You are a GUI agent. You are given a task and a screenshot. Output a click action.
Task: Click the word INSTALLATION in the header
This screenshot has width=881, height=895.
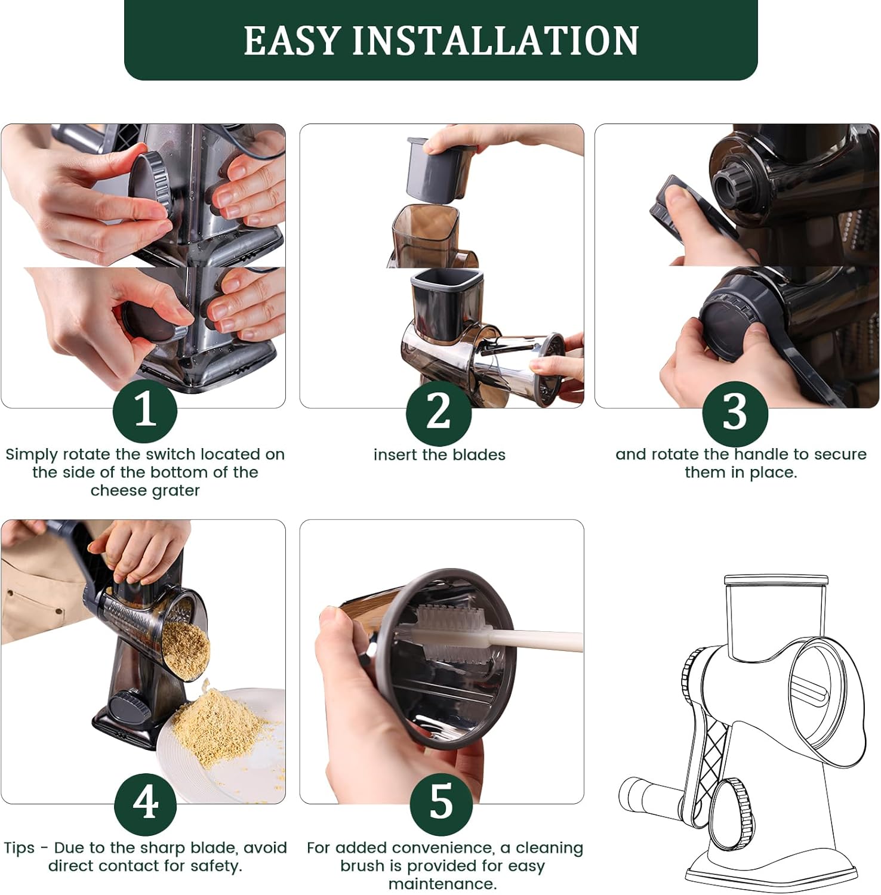click(495, 41)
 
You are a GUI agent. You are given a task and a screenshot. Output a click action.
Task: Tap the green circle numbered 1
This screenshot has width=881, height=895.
click(145, 411)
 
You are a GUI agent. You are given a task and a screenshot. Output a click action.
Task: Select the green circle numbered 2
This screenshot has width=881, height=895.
click(439, 411)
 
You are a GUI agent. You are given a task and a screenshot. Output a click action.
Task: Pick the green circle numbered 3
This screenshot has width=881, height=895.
click(735, 411)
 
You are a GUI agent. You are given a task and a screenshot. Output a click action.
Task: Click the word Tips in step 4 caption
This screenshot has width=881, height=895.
click(19, 848)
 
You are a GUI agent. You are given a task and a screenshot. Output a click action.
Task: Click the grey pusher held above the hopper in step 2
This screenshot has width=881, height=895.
click(439, 168)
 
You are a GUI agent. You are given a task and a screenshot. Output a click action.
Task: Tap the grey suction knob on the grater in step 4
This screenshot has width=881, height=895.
click(130, 708)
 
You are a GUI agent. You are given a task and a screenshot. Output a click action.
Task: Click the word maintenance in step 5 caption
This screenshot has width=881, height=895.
click(442, 884)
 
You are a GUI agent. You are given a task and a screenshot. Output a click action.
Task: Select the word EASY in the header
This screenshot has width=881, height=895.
click(291, 41)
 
